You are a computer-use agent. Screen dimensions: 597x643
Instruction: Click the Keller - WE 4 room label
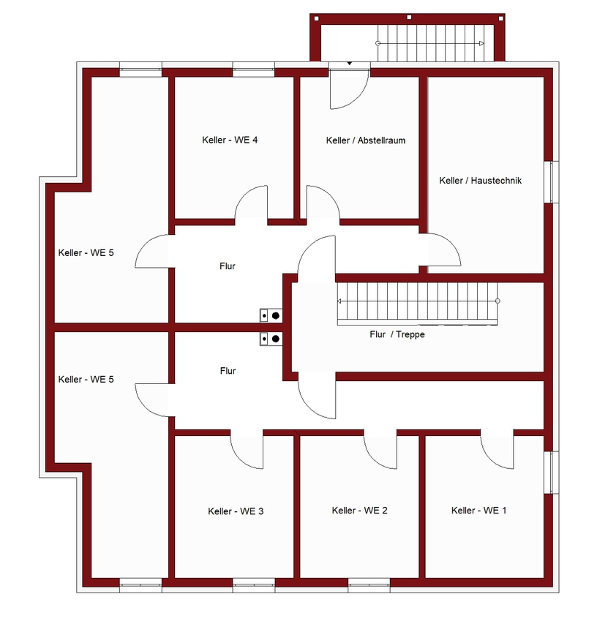[230, 140]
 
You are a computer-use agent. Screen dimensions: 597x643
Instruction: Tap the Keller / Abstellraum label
[366, 140]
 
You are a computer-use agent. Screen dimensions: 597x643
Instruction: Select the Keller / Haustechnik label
[480, 181]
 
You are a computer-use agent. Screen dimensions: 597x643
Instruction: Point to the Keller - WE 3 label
[236, 511]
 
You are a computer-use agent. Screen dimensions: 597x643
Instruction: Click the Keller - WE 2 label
[360, 511]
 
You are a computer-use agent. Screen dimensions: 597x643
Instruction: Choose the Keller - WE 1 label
[479, 511]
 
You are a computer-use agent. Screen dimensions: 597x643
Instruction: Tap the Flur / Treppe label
[397, 334]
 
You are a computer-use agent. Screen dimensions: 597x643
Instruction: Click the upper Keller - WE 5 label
[86, 253]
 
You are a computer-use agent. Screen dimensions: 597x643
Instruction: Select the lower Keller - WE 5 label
[86, 380]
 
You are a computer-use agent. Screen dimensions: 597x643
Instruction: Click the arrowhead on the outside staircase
[482, 43]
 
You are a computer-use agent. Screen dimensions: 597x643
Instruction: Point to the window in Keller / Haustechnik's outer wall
[552, 181]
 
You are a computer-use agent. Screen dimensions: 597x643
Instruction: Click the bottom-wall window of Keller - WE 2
[369, 585]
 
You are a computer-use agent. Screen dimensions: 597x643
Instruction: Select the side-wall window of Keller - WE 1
[552, 473]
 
